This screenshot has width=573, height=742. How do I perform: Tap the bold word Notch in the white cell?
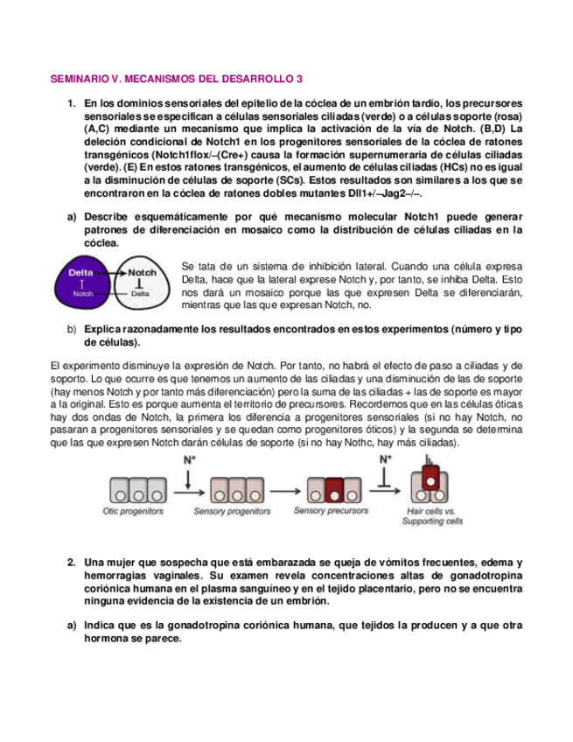[142, 273]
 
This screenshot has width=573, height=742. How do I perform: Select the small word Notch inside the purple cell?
[83, 294]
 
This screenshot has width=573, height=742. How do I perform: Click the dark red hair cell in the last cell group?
[430, 478]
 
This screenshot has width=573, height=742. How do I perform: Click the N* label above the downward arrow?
[188, 458]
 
